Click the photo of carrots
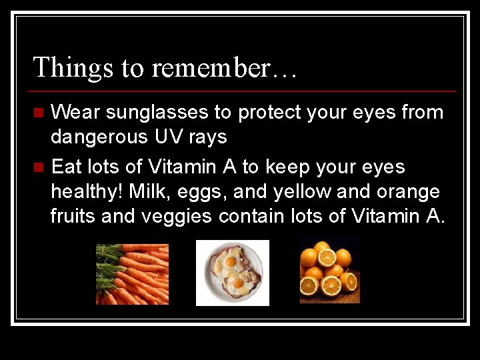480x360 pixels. [x=132, y=274]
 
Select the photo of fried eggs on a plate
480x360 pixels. [x=232, y=273]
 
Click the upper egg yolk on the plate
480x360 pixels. [x=230, y=262]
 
